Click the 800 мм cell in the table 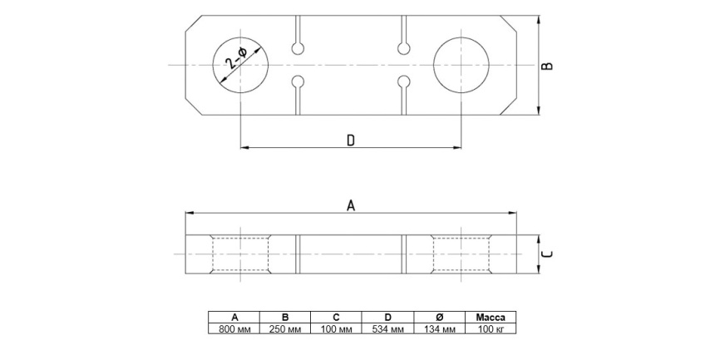234,328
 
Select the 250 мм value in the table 285,328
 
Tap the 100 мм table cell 336,328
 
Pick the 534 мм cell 388,328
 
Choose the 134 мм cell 440,328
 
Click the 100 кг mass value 491,328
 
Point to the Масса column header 491,318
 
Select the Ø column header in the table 440,318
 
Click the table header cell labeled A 234,318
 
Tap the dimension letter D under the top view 351,141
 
